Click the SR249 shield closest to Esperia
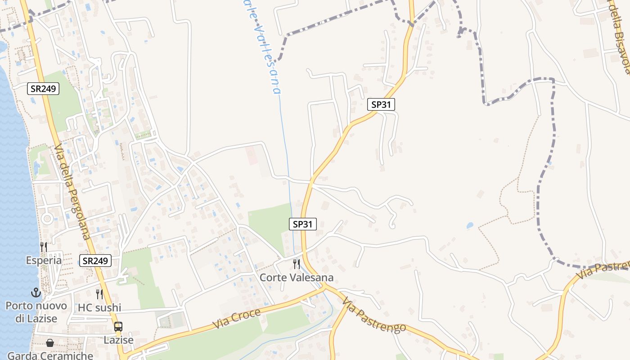95,260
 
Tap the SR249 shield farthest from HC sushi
43,89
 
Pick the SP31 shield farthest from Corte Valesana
381,104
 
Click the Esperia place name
44,261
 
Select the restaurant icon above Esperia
44,247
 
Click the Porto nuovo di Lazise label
36,312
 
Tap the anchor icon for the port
36,292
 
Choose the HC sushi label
99,308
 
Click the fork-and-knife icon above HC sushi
99,294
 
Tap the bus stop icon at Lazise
118,327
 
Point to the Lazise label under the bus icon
118,340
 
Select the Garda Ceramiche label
50,355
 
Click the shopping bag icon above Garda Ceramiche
50,343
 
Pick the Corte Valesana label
297,277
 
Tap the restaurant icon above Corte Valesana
296,264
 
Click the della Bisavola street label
621,38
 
